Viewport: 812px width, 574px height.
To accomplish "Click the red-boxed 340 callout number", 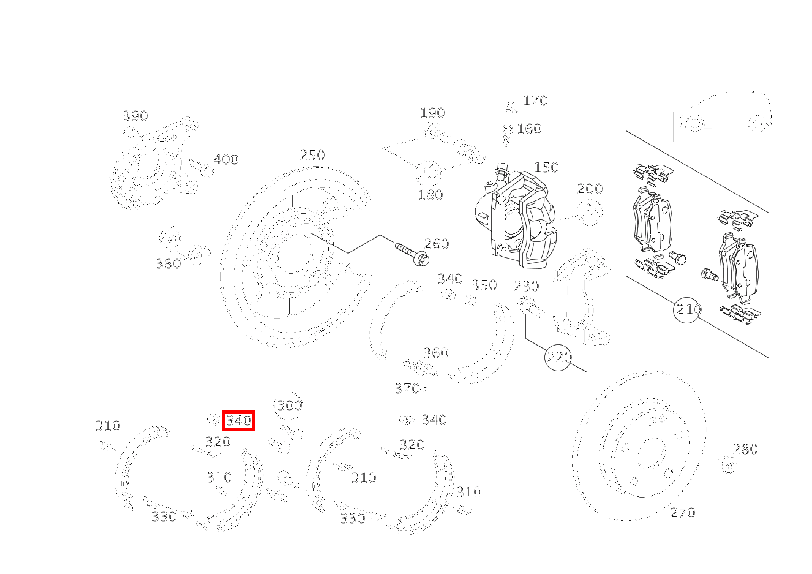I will coord(238,420).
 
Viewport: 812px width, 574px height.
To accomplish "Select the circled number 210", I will coord(688,309).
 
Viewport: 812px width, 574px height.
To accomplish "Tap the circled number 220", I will coord(558,357).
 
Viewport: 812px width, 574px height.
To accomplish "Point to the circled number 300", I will coord(289,406).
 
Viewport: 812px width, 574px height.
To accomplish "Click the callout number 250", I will coord(312,155).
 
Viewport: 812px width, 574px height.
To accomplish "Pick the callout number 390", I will coord(135,116).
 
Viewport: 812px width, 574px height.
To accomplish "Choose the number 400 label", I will coord(225,160).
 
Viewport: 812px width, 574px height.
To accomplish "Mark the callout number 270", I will coord(683,513).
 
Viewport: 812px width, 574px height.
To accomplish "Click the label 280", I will coord(745,449).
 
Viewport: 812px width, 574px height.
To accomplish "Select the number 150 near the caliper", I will coord(546,167).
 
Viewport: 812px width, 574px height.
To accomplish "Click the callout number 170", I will coord(535,100).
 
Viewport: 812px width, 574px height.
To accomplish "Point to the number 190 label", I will coord(432,113).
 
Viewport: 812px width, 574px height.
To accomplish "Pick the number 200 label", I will coord(590,189).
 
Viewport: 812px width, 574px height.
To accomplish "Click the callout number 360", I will coord(436,353).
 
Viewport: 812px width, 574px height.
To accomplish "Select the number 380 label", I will coord(168,263).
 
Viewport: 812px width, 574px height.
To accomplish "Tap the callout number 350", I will coord(484,285).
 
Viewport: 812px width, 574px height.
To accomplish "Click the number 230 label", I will coord(527,286).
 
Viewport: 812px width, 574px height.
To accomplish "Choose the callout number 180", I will coord(430,195).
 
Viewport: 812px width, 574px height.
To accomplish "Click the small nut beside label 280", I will coord(727,464).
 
